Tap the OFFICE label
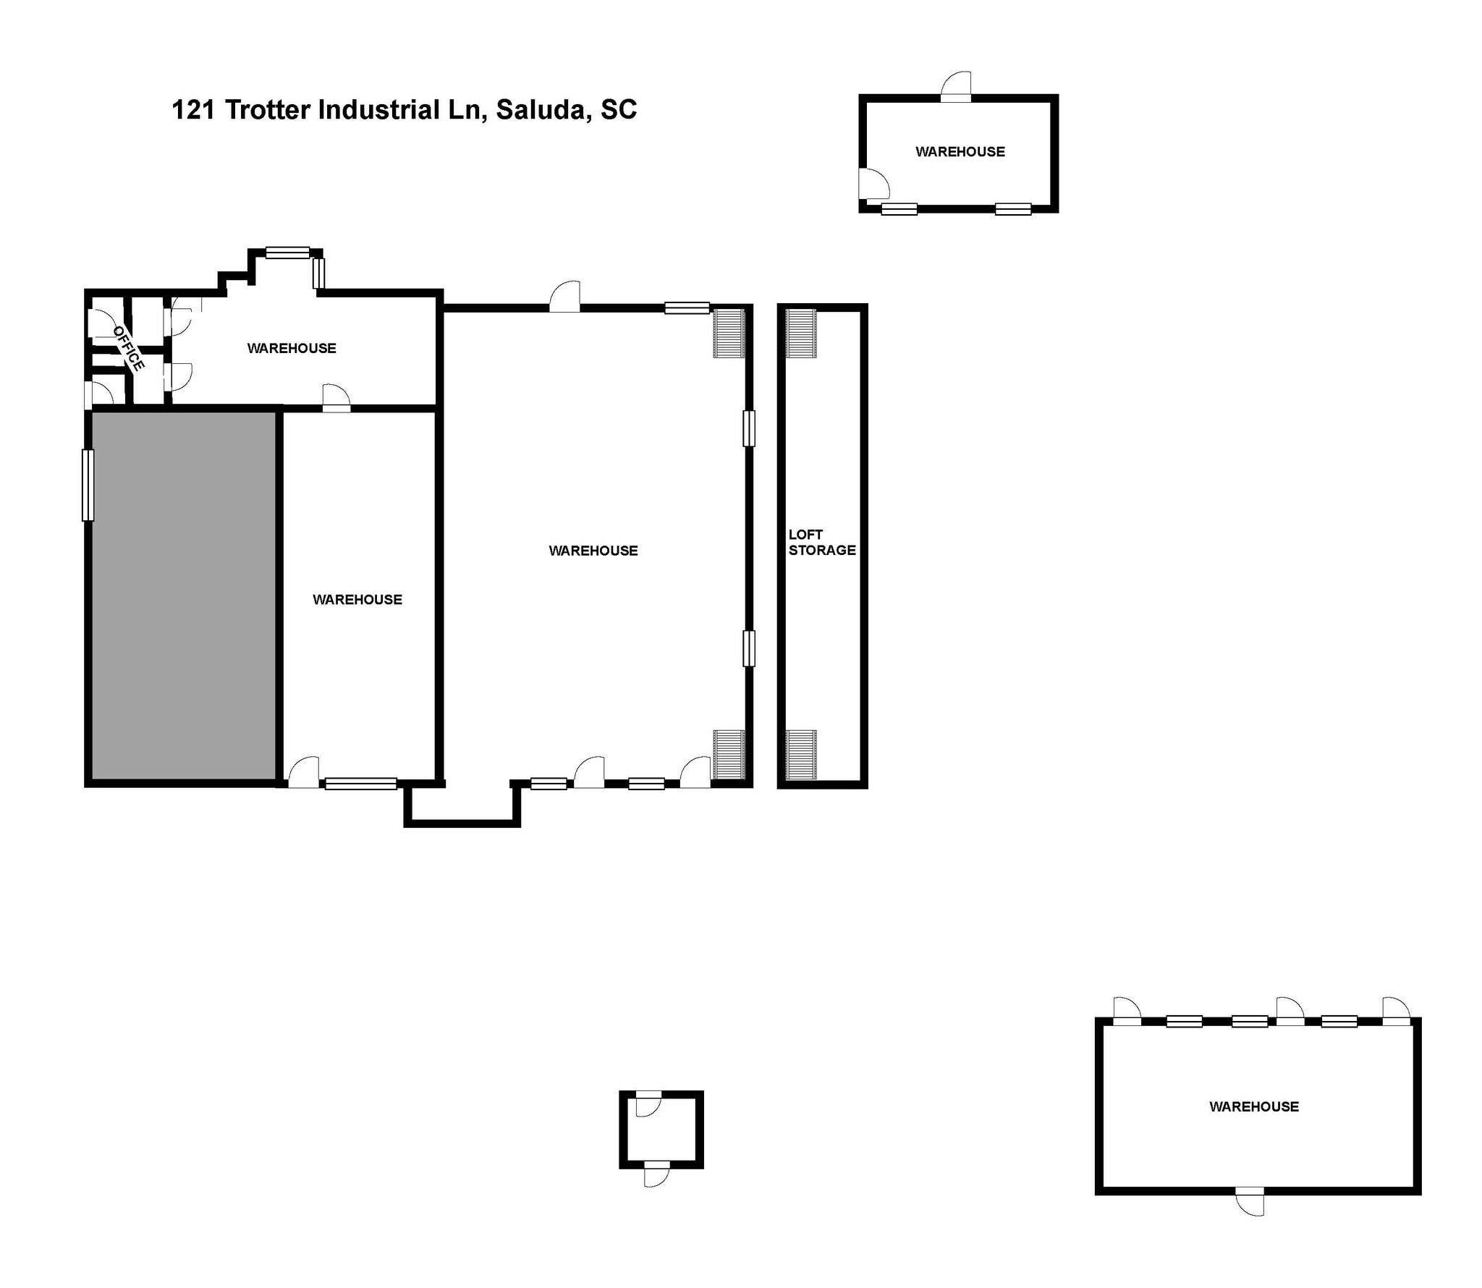point(129,348)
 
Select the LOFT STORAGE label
point(821,542)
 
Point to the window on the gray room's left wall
point(88,485)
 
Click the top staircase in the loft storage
point(801,333)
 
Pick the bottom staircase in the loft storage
point(801,754)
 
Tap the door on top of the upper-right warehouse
point(955,88)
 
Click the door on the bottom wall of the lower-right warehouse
point(1250,1200)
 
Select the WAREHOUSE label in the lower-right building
point(1254,1106)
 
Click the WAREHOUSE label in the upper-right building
point(960,152)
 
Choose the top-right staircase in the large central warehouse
point(729,333)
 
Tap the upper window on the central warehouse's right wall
point(749,428)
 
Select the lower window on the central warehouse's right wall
point(749,648)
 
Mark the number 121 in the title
point(193,110)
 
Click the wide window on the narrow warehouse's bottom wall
point(360,783)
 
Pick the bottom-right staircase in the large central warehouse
point(729,754)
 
